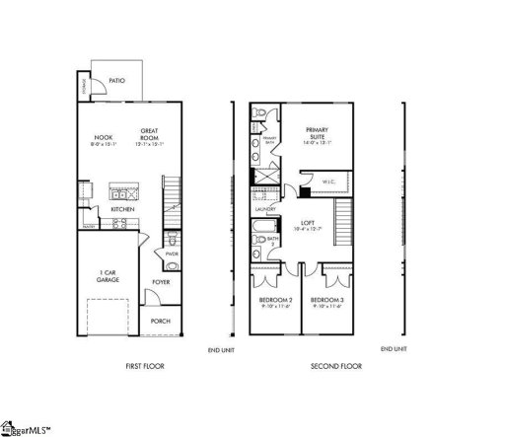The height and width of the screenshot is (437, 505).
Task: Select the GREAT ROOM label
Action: [149, 135]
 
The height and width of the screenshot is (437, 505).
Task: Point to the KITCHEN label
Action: [123, 209]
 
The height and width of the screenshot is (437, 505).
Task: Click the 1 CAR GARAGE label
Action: [108, 275]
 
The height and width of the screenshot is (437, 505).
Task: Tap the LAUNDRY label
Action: [264, 209]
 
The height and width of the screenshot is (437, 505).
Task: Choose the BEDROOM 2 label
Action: [273, 302]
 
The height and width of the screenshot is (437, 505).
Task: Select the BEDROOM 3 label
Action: [325, 302]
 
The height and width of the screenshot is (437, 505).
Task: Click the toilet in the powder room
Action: [174, 240]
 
